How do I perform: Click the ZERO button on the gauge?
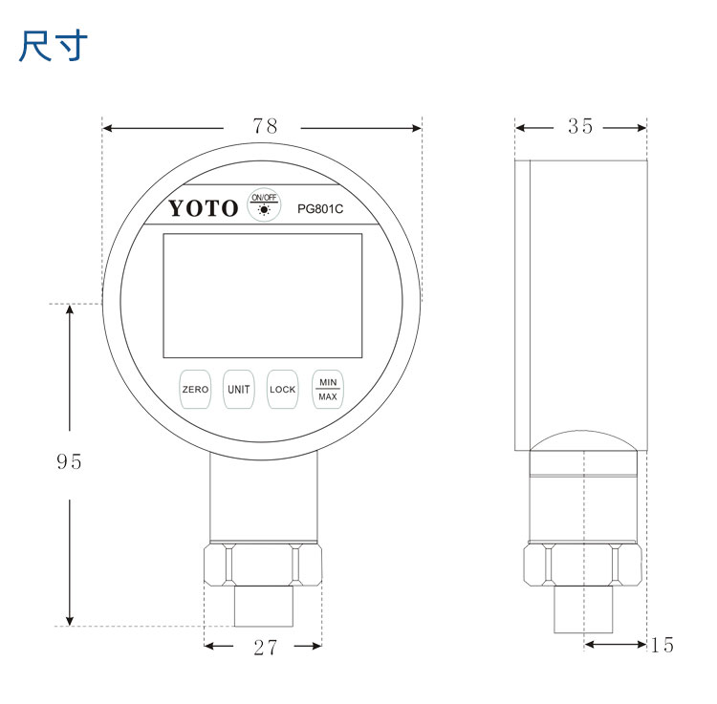click(195, 390)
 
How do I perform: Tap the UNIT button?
click(238, 390)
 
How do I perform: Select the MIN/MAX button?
click(328, 390)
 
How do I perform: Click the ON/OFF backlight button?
click(264, 205)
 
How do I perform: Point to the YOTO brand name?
click(204, 209)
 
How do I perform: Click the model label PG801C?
click(320, 208)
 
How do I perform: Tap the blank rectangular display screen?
click(263, 295)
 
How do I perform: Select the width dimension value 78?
click(265, 126)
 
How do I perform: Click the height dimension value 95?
click(69, 462)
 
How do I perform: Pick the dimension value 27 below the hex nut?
click(265, 648)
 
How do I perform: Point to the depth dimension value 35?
click(580, 126)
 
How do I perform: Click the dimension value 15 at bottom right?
click(662, 646)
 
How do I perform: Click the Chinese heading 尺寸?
click(54, 46)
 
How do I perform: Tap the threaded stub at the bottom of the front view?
click(263, 608)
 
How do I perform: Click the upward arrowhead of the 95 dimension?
click(70, 311)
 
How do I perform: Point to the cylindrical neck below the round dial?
click(264, 497)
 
